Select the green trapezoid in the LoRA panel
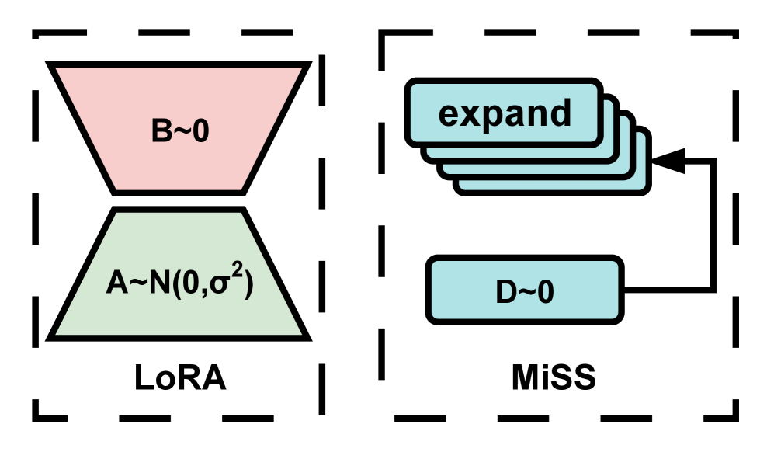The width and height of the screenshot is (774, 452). (x=179, y=311)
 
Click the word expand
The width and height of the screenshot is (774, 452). (x=505, y=113)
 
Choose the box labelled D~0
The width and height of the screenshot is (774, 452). (x=525, y=291)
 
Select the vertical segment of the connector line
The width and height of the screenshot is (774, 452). (x=712, y=225)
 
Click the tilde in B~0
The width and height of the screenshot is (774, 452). (x=180, y=132)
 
